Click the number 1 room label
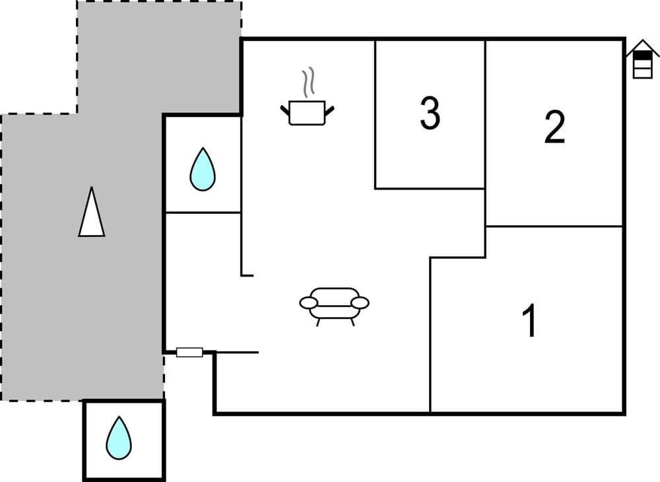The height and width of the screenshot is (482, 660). click(x=529, y=321)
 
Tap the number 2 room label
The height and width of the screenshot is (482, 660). click(x=554, y=127)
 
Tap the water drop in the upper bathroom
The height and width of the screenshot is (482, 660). click(x=202, y=170)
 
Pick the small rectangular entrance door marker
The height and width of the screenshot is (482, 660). click(x=189, y=353)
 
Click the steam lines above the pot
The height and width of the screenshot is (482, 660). click(x=307, y=83)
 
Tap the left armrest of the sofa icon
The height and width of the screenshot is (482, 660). click(x=309, y=302)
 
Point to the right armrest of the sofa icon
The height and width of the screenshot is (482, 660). click(x=360, y=302)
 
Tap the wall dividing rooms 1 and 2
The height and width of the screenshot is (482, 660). click(x=554, y=226)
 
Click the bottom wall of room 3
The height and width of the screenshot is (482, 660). click(x=430, y=189)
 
